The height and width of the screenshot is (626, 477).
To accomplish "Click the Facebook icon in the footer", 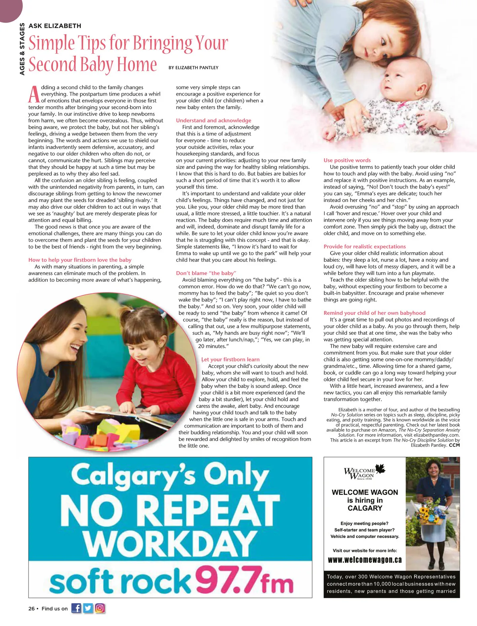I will click(x=76, y=608).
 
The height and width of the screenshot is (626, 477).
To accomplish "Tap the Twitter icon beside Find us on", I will click(x=88, y=608).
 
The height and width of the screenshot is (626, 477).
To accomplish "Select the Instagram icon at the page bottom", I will click(x=100, y=608).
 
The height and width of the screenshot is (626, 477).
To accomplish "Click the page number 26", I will click(x=31, y=608).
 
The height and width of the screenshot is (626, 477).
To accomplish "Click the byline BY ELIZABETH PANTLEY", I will click(x=193, y=68).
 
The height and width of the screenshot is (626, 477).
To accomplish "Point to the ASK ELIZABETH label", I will click(x=55, y=26).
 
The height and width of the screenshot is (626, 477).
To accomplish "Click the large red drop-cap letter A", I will click(x=34, y=94).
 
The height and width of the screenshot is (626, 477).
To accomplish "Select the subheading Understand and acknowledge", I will click(x=214, y=120).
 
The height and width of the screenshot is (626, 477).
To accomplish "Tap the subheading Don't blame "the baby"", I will click(x=206, y=273).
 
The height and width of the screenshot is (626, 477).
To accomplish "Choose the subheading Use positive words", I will click(x=347, y=160).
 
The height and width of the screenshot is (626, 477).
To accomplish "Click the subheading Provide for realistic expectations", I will click(x=364, y=246).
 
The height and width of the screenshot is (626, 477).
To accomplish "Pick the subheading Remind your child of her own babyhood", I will click(x=374, y=313).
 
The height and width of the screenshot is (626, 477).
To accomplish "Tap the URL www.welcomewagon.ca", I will click(x=364, y=560).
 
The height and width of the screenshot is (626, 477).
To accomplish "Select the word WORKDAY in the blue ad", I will click(x=170, y=546).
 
